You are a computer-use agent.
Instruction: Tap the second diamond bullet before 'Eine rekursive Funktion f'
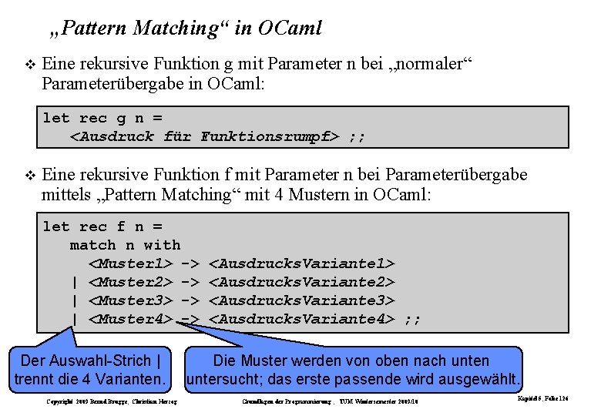(x=29, y=176)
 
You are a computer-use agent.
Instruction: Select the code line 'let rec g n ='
(x=102, y=118)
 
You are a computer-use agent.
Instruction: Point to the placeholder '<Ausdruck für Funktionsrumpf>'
(x=205, y=137)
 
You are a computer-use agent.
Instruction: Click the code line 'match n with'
(x=125, y=245)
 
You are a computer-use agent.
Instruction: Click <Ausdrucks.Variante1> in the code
(x=302, y=263)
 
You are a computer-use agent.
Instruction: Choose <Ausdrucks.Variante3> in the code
(x=302, y=300)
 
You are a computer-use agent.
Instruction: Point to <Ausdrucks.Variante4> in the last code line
(x=302, y=319)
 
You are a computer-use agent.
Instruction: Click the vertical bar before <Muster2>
(x=75, y=282)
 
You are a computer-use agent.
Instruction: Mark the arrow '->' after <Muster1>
(x=190, y=263)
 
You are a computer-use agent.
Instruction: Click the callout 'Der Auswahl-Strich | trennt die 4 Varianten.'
(x=90, y=371)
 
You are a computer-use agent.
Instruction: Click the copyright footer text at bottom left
(x=112, y=402)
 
